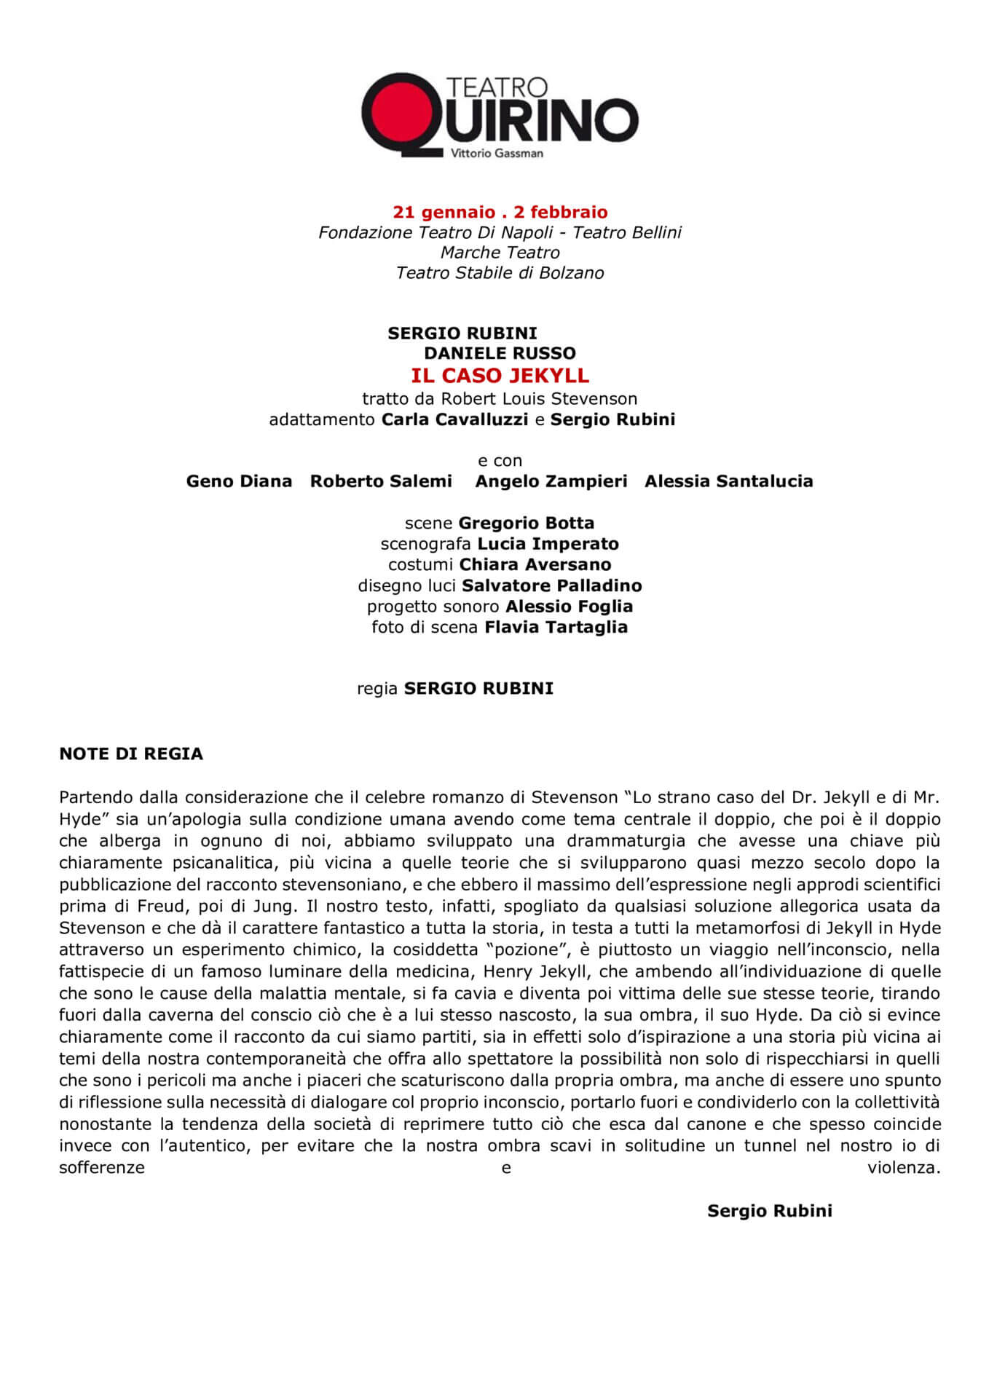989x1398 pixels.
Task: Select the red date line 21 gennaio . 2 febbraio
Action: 500,212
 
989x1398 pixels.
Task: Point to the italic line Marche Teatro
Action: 500,253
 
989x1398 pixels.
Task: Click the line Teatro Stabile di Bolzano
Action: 500,273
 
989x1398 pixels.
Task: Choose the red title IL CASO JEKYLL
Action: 500,376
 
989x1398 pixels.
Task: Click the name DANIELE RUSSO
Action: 500,353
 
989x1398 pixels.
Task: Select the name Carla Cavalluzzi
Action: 455,419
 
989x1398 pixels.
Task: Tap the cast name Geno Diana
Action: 239,481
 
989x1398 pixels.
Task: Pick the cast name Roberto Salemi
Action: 381,481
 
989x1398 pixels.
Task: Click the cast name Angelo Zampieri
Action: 551,481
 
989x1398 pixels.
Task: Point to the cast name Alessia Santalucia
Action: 728,481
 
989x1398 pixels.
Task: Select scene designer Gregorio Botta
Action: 526,523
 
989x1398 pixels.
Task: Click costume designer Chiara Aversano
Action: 535,564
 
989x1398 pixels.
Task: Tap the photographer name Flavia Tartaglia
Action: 556,627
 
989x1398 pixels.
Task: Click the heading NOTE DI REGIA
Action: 131,754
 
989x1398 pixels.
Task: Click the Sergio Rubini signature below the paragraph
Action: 769,1211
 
